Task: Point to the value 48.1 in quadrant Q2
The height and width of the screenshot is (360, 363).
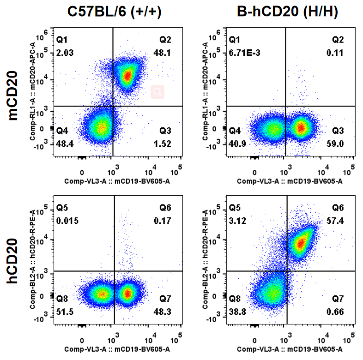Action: coord(162,53)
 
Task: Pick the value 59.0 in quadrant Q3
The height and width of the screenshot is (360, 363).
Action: coord(335,144)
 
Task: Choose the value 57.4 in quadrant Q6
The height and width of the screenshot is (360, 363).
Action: coord(335,221)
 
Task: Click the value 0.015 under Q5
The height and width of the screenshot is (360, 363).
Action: coord(67,221)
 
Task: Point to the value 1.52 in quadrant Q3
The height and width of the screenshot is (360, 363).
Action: coord(162,144)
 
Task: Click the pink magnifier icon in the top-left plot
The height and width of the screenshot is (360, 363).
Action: coord(157,92)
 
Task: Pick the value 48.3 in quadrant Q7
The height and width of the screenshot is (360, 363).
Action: coord(162,312)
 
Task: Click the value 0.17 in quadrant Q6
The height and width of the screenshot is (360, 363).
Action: coord(163,221)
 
